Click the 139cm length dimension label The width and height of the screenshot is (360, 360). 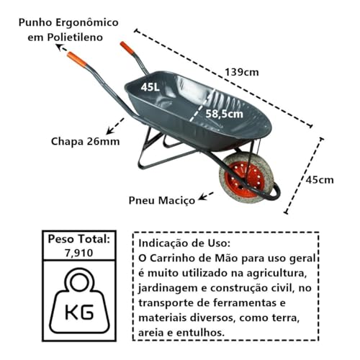pyautogui.click(x=242, y=72)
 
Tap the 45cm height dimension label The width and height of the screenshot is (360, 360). pyautogui.click(x=320, y=180)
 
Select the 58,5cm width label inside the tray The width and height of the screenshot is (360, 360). pyautogui.click(x=224, y=114)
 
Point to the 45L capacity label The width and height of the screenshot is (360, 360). pyautogui.click(x=150, y=87)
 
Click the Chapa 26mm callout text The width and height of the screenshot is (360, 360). pyautogui.click(x=86, y=141)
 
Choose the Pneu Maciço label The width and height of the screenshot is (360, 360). pyautogui.click(x=162, y=201)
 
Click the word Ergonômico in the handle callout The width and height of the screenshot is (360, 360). pyautogui.click(x=87, y=23)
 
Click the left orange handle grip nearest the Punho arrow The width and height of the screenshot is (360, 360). pyautogui.click(x=77, y=60)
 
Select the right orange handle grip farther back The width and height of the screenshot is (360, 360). pyautogui.click(x=127, y=48)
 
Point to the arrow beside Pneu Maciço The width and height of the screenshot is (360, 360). pyautogui.click(x=205, y=196)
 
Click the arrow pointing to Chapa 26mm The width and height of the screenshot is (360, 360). pyautogui.click(x=115, y=126)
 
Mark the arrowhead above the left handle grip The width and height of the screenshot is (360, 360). pyautogui.click(x=60, y=47)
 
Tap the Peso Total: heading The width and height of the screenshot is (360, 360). pyautogui.click(x=79, y=239)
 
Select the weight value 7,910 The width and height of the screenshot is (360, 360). pyautogui.click(x=78, y=253)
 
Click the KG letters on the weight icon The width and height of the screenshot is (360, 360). pyautogui.click(x=79, y=312)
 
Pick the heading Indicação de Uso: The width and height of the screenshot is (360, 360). pyautogui.click(x=184, y=243)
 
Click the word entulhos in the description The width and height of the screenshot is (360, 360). pyautogui.click(x=200, y=333)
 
